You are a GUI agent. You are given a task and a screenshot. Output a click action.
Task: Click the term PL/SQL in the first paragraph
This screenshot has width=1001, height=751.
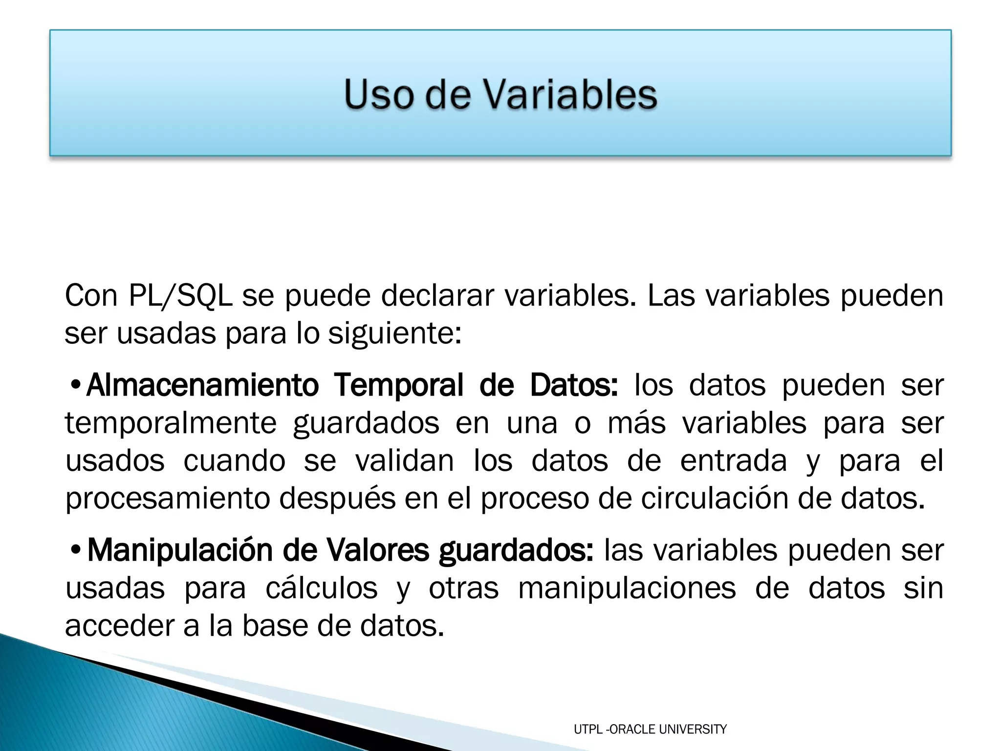(180, 296)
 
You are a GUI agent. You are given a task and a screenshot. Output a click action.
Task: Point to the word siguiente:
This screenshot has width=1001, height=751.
(394, 334)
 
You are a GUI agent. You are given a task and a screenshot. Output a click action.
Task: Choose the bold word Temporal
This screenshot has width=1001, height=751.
(399, 385)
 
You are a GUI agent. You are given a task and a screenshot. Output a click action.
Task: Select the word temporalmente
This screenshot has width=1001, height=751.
(171, 423)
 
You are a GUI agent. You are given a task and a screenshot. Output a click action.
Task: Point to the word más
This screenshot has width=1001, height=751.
(636, 423)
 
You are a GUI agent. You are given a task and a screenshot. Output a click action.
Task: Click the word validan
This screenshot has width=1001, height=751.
(405, 461)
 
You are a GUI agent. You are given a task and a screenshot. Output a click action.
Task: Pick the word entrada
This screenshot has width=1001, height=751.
(733, 461)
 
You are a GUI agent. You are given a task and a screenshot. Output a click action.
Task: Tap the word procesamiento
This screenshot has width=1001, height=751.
(168, 499)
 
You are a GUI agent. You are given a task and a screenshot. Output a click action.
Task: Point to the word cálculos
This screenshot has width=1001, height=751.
(322, 588)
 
